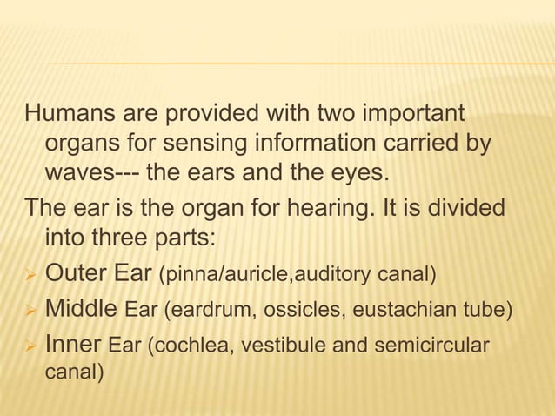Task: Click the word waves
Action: pyautogui.click(x=79, y=171)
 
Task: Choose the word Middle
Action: pyautogui.click(x=81, y=308)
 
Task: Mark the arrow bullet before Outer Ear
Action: pyautogui.click(x=31, y=277)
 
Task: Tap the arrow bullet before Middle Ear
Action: pyautogui.click(x=31, y=310)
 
